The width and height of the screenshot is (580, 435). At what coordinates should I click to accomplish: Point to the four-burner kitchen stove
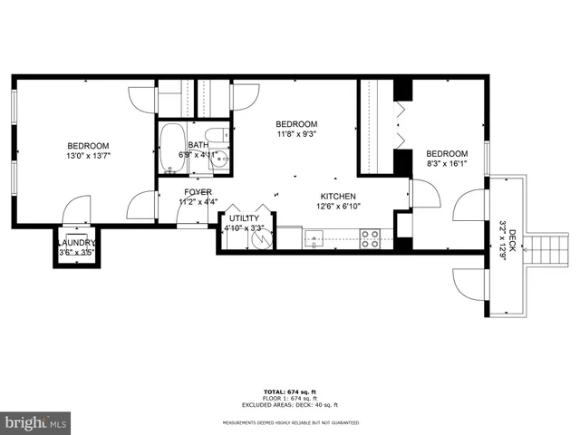[370, 239]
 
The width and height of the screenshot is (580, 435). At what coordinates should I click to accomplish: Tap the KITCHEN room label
[337, 197]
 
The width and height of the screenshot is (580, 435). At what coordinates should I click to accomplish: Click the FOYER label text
[198, 192]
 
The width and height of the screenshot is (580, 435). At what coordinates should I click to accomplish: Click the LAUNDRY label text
[76, 243]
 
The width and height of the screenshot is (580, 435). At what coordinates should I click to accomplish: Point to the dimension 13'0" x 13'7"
[89, 156]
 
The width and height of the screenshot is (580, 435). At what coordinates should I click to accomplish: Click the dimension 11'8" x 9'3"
[296, 134]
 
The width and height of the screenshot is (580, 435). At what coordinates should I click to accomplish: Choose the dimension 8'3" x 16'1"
[447, 164]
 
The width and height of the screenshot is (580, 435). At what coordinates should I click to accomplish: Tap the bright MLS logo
[36, 422]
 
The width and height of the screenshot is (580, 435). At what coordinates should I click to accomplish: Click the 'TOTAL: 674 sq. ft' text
[290, 391]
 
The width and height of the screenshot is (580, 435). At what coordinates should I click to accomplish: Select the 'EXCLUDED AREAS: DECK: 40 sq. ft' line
[290, 404]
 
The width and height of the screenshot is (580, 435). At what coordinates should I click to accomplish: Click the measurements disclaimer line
[290, 422]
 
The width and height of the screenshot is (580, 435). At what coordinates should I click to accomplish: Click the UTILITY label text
[244, 218]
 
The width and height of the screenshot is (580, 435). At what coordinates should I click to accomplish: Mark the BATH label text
[198, 145]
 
